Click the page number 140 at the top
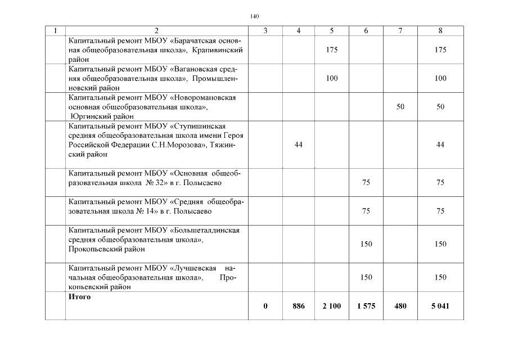254,16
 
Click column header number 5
332,31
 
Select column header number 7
400,31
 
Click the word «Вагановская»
196,69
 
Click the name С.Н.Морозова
178,145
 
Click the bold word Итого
79,296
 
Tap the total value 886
299,306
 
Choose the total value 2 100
332,306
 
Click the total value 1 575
366,306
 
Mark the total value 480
400,306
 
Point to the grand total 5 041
440,306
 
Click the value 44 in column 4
299,145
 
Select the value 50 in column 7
400,106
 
